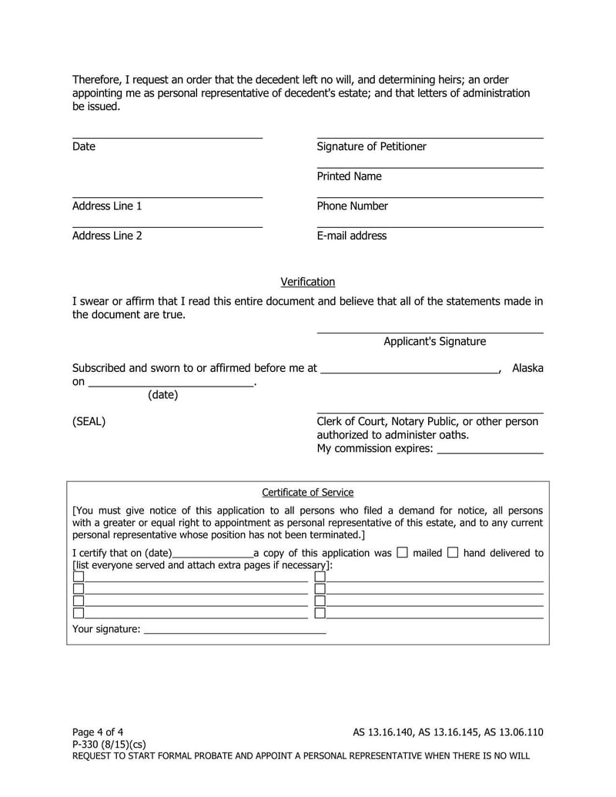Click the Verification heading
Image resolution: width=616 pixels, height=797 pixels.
coord(307,282)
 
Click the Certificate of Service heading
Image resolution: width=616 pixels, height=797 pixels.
coord(307,493)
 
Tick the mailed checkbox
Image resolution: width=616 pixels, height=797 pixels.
coord(402,552)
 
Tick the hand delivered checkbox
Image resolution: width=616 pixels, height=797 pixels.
coord(453,552)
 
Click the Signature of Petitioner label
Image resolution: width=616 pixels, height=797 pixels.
coord(371,146)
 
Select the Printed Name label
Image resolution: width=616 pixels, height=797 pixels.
coord(349,176)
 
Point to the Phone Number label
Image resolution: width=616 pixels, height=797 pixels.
coord(352,206)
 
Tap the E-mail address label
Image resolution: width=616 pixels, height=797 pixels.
coord(351,236)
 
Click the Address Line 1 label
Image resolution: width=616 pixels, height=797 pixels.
coord(107,206)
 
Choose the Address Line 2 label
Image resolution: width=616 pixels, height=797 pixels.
coord(107,236)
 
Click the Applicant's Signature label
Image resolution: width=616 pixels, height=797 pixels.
coord(434,341)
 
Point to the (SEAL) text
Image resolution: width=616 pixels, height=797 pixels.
coord(89,422)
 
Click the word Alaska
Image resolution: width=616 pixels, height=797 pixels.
coord(527,368)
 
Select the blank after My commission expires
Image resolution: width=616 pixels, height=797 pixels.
coord(490,450)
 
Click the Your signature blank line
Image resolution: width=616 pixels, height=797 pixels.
coord(235,630)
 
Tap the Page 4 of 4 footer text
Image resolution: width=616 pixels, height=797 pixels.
coord(98,732)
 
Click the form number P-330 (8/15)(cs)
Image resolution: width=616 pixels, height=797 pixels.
coord(109,744)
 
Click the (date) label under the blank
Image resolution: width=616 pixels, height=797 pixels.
coord(162,395)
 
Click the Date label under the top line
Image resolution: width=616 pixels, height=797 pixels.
coord(84,146)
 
